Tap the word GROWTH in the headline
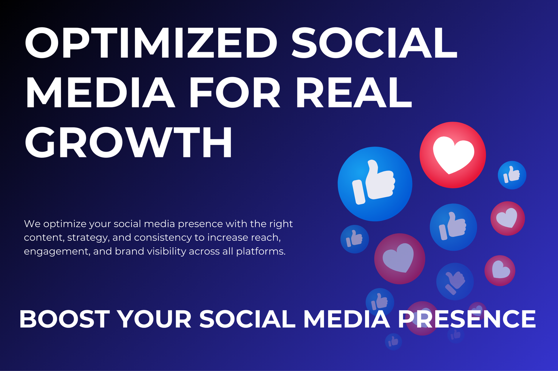point(129,142)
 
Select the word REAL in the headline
point(354,92)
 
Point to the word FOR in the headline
point(235,92)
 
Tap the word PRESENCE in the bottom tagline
point(467,319)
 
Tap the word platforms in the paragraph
point(261,252)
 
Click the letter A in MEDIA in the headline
point(157,92)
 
